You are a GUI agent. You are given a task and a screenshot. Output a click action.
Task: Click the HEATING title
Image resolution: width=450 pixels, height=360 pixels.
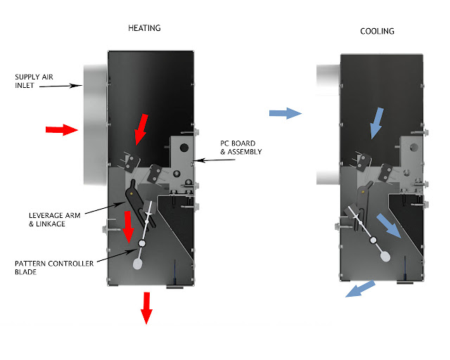point(144,28)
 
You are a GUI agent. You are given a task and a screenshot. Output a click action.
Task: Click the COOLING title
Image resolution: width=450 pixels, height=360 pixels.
point(377,32)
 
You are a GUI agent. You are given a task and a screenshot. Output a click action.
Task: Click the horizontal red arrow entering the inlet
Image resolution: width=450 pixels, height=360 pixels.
point(62,129)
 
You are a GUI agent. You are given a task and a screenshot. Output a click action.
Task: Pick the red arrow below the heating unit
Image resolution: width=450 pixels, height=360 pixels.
point(146,307)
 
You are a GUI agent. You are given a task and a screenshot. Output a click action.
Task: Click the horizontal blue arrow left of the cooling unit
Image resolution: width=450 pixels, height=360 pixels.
point(285,112)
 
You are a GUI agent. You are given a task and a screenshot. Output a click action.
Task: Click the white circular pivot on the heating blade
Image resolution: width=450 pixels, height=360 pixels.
point(142,243)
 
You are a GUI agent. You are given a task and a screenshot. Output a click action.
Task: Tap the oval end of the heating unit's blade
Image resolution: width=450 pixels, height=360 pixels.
point(138,264)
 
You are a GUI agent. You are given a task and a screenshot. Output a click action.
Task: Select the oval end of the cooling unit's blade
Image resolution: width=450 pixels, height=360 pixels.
point(385,256)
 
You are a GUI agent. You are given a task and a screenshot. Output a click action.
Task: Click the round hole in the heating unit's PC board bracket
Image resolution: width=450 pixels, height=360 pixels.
point(184,148)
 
